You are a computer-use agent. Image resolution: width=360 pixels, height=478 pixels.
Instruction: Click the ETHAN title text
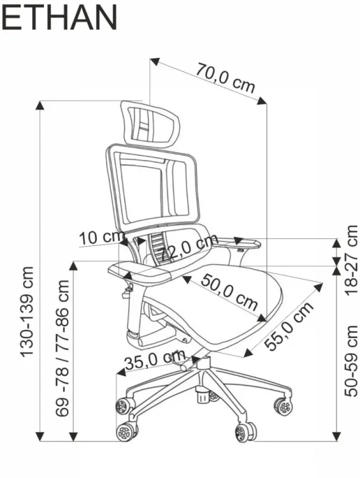[x=59, y=17]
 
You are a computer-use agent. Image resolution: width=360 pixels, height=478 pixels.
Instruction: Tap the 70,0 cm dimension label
[x=225, y=77]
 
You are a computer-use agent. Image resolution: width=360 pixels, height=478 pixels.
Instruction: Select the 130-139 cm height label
[x=27, y=311]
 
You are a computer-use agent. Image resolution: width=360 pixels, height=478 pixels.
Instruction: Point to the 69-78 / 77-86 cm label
[x=62, y=348]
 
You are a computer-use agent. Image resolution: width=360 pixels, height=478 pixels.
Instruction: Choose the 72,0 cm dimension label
[x=189, y=247]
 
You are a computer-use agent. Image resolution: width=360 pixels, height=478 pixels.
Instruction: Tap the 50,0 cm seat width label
[x=229, y=291]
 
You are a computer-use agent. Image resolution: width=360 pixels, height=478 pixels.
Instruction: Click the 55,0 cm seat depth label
[x=289, y=326]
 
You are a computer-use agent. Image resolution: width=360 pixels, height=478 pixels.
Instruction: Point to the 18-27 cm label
[x=351, y=260]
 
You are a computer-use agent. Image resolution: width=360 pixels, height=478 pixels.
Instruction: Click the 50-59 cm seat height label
[x=351, y=361]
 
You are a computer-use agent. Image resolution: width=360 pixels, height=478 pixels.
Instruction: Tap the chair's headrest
[x=150, y=124]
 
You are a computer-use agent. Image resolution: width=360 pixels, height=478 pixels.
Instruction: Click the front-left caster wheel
[x=126, y=432]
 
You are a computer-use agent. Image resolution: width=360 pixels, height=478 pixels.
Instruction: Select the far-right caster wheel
[x=284, y=407]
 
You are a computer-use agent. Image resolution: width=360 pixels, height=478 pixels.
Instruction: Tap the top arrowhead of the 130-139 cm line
[x=40, y=105]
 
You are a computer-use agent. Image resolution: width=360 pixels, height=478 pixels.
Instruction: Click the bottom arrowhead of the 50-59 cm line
[x=336, y=436]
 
